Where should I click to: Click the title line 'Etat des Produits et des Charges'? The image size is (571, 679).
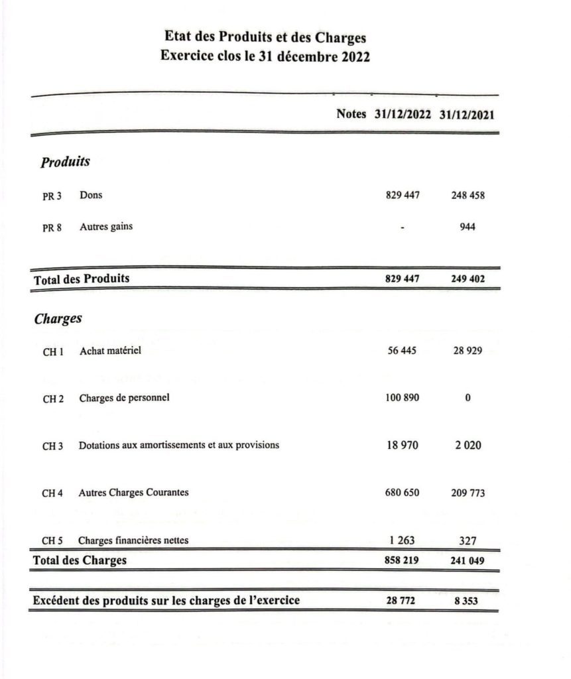click(x=265, y=37)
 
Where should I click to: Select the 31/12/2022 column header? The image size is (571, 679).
click(x=403, y=114)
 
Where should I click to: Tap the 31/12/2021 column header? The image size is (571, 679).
click(x=467, y=114)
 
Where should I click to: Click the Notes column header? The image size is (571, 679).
click(x=351, y=113)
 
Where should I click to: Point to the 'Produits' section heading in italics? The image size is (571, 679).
click(x=65, y=161)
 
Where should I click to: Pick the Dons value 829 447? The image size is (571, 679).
click(x=402, y=196)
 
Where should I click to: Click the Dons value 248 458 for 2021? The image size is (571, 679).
click(x=468, y=196)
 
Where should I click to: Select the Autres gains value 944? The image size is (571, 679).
click(x=468, y=227)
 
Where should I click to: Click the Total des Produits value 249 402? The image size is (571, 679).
click(x=468, y=279)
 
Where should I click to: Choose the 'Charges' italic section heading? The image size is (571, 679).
click(x=58, y=319)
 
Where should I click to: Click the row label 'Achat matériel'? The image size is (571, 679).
click(x=110, y=351)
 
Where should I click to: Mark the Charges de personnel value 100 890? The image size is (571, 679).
click(x=402, y=398)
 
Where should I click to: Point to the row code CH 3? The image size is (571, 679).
click(x=53, y=446)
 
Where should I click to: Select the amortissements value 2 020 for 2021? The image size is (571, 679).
click(x=468, y=445)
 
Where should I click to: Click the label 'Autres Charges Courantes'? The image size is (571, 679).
click(x=133, y=493)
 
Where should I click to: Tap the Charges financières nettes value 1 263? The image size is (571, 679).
click(x=402, y=540)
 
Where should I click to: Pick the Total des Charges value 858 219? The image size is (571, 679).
click(x=402, y=561)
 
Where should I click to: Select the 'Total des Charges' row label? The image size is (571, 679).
click(x=80, y=561)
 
